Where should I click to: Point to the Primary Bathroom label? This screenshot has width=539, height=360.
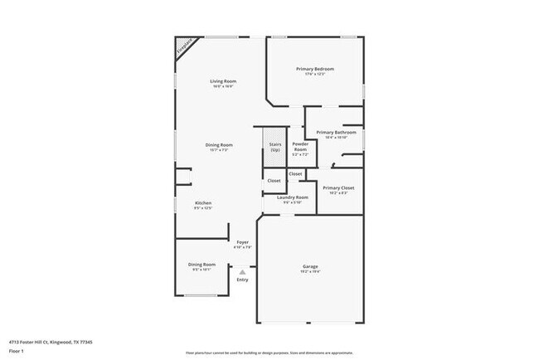tap(336, 133)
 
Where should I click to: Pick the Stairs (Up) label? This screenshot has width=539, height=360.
tap(274, 147)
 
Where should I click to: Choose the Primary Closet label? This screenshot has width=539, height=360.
tap(338, 188)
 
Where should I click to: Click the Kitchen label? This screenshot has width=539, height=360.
tap(203, 203)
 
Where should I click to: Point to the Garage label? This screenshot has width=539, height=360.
tap(310, 266)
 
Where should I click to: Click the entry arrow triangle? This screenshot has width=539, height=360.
tap(242, 270)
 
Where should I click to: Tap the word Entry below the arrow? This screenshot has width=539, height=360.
tap(242, 280)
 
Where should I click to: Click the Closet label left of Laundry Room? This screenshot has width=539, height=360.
tap(274, 180)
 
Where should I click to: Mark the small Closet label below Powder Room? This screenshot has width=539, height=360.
tap(295, 173)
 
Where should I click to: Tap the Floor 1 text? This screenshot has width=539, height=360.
tap(17, 352)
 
